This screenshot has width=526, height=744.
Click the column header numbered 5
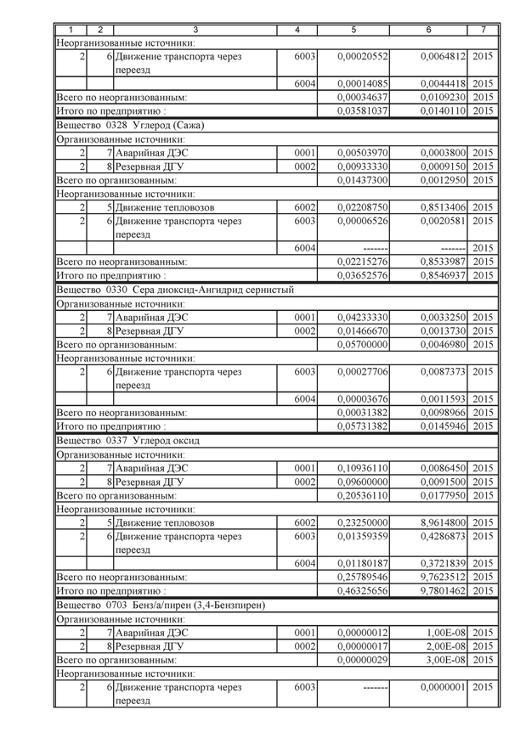(353, 30)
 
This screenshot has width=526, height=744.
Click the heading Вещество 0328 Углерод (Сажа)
(130, 125)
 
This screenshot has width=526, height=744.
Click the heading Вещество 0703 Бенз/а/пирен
(161, 605)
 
